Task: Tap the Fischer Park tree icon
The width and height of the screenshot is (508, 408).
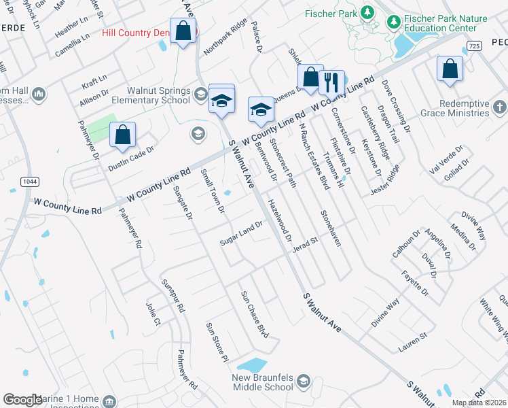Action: pos(367,12)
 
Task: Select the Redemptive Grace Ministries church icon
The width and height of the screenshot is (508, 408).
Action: pos(499,107)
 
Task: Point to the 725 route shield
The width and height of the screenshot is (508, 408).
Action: pos(474,45)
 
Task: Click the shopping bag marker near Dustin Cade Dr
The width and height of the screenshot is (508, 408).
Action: pos(122,135)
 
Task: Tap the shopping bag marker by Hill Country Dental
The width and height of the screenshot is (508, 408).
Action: pos(183,31)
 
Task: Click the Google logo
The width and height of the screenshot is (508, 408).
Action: pos(22,400)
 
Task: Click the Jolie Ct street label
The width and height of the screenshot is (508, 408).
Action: pos(153,313)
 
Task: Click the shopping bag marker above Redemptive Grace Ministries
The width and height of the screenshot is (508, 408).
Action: pos(450,69)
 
